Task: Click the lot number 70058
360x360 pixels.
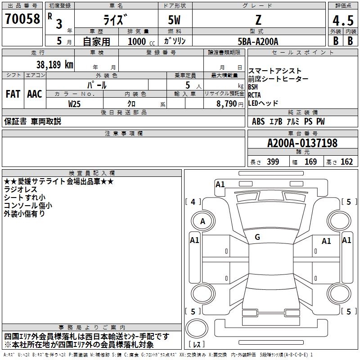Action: click(x=22, y=19)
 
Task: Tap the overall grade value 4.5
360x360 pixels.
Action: click(x=343, y=20)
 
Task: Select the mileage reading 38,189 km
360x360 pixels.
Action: click(x=55, y=65)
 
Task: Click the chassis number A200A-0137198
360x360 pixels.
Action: click(x=302, y=143)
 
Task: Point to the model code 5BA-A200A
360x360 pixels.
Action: click(x=258, y=41)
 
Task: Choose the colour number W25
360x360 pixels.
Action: click(x=74, y=104)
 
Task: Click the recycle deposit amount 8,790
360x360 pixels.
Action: click(x=226, y=104)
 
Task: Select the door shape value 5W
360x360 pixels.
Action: click(x=174, y=20)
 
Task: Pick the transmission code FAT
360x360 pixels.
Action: click(x=13, y=94)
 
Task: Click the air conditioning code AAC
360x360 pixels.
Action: click(x=35, y=94)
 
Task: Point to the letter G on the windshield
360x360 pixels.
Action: click(x=257, y=237)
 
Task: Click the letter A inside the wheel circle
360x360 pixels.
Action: click(x=202, y=221)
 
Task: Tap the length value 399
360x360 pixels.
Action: click(x=273, y=162)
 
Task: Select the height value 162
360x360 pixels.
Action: click(x=346, y=162)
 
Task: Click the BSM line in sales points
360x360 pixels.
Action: click(x=253, y=87)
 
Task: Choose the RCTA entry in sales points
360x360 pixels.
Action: click(x=254, y=95)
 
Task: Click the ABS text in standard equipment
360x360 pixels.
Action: click(x=258, y=121)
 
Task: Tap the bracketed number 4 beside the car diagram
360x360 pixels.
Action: click(x=193, y=202)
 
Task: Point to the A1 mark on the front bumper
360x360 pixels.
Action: click(x=220, y=184)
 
